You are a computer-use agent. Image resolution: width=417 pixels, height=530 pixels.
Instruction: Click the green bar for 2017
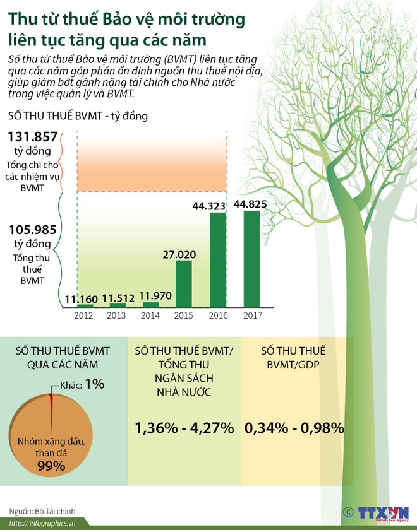tap(251, 259)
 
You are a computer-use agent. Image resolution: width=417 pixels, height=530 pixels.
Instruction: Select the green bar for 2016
tap(217, 259)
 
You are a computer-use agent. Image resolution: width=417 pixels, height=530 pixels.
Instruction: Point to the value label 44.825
tap(250, 204)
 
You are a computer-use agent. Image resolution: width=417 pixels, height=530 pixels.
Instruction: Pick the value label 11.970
tap(150, 295)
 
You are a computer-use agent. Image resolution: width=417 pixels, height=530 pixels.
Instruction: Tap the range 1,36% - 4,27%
tap(184, 427)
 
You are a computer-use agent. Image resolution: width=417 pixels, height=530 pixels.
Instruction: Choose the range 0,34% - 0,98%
tap(294, 427)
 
